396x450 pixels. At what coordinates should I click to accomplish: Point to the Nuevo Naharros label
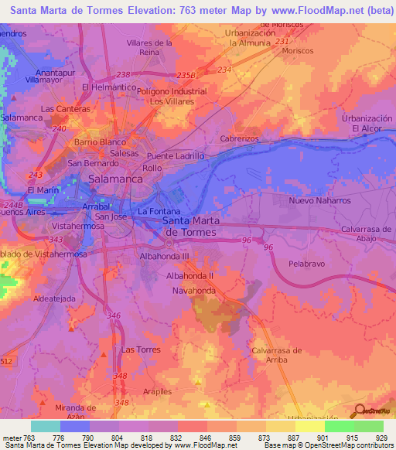(319, 200)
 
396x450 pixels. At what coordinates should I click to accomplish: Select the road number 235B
(186, 75)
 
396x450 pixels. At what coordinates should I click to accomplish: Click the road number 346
(114, 315)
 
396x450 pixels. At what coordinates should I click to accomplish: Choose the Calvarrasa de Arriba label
(276, 355)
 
